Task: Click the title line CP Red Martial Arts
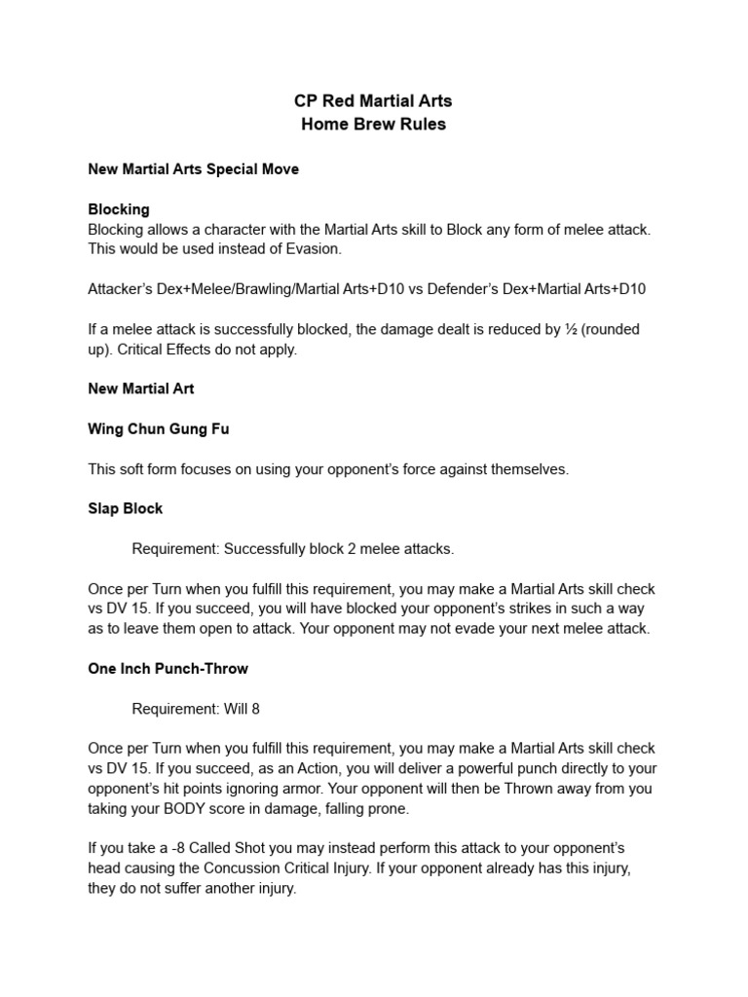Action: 373,101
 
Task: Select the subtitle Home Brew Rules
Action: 373,125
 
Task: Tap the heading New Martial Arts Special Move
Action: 193,169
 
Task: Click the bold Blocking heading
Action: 119,209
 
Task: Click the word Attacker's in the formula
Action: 121,289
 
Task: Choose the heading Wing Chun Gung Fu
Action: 159,428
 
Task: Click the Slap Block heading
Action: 126,509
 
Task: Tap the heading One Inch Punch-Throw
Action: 168,669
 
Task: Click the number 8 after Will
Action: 255,709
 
